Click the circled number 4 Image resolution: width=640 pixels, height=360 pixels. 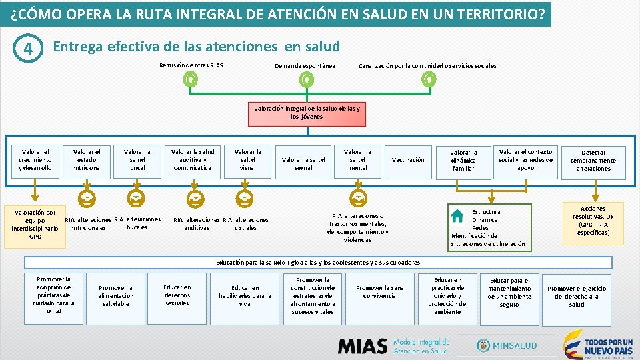27,50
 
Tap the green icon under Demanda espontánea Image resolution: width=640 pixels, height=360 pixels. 306,80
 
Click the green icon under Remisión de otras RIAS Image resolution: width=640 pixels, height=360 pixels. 190,80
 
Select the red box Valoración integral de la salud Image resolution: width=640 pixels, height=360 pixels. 306,113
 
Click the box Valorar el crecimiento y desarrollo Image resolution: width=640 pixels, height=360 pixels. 35,160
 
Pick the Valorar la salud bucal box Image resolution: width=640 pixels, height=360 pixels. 137,160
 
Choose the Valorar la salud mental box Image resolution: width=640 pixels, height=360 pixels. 357,160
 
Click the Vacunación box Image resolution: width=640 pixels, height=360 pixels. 408,160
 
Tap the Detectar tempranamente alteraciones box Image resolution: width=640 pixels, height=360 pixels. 593,161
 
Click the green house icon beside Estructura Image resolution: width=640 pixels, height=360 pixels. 457,216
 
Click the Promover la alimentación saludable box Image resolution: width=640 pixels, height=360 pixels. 115,296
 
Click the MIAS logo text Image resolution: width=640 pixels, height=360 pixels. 363,346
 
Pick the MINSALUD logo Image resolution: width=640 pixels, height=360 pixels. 507,345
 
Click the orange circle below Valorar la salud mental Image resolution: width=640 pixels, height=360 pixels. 359,197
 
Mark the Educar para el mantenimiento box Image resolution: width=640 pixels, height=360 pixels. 509,293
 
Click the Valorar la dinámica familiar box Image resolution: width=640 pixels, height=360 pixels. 463,161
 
